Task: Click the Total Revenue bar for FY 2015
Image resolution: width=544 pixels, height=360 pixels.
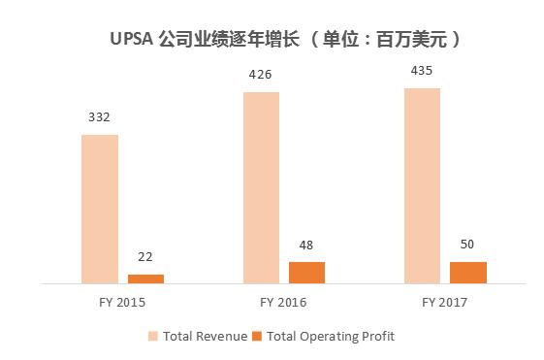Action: (100, 208)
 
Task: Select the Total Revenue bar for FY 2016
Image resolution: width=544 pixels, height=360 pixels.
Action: (261, 186)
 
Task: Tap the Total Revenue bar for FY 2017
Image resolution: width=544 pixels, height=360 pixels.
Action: (422, 184)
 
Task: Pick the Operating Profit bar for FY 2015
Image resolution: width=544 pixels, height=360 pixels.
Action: (146, 278)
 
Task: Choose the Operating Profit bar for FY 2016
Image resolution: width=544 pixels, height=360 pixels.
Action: (307, 272)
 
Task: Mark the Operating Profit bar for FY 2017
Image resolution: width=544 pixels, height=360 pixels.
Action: (468, 272)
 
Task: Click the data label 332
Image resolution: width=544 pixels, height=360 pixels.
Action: (99, 117)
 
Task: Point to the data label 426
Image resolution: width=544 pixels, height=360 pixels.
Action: (261, 74)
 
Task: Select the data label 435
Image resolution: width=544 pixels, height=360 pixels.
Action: (422, 70)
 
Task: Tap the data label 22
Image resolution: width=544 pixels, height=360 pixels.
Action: (145, 257)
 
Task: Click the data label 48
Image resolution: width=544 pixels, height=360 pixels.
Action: (306, 245)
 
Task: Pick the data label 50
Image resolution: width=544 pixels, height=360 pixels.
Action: (467, 244)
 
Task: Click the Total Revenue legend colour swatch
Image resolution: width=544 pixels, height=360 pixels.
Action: (154, 336)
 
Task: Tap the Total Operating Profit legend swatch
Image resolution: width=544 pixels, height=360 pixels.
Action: (257, 336)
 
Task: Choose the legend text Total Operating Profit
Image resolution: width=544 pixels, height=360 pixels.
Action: (332, 336)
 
